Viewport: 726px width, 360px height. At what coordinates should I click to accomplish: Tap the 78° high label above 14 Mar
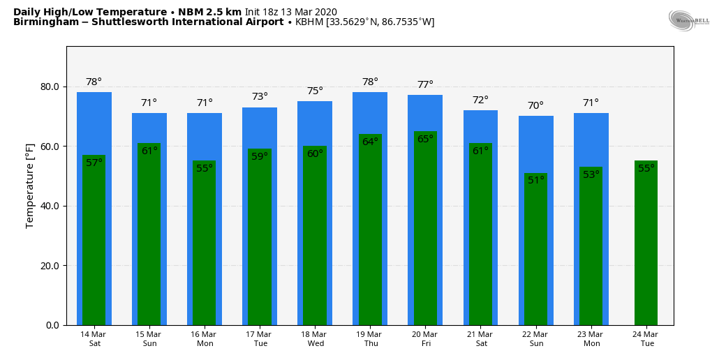(94, 82)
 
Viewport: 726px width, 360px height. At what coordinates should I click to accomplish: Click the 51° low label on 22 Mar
(536, 180)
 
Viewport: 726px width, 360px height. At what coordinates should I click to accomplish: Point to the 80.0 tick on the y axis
(50, 87)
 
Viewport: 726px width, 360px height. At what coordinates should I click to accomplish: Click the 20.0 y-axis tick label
(50, 266)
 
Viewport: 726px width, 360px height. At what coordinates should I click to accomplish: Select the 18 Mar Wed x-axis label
(315, 339)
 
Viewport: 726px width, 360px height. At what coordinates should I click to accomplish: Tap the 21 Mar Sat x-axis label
(480, 339)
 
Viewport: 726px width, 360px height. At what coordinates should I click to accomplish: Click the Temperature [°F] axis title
(30, 186)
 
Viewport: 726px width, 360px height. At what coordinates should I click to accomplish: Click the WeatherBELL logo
(688, 20)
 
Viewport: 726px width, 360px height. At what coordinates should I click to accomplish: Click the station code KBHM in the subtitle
(309, 22)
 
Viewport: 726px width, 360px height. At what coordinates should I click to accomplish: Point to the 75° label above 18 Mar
(315, 91)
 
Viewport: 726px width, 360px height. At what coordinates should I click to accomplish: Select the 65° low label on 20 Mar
(425, 140)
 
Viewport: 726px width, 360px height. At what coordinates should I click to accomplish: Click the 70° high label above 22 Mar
(535, 106)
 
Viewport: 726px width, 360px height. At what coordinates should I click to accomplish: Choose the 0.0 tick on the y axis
(52, 325)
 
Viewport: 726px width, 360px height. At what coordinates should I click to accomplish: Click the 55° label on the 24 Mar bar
(646, 168)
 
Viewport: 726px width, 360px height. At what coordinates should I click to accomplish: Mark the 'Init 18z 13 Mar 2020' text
(290, 12)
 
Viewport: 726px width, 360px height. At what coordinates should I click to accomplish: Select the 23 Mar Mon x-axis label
(591, 339)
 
